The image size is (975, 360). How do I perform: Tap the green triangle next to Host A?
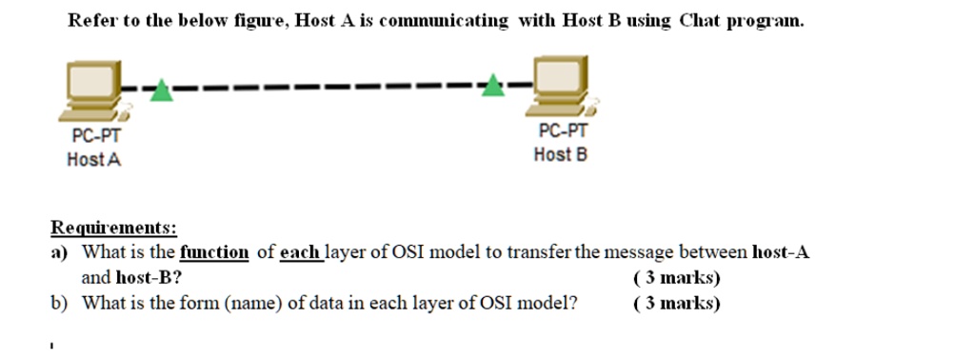[x=163, y=90]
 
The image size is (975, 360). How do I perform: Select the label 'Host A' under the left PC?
[x=94, y=160]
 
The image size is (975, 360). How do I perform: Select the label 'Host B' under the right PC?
[x=561, y=154]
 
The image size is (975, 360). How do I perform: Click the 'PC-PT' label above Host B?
[x=563, y=131]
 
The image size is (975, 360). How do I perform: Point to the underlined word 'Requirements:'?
[x=113, y=229]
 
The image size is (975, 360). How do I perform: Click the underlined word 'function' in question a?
[x=214, y=252]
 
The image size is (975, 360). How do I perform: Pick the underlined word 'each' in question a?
[x=299, y=252]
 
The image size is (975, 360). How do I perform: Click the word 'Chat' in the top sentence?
[x=701, y=21]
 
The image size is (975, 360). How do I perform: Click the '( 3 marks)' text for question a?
[x=676, y=278]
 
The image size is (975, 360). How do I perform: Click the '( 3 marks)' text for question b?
[x=676, y=304]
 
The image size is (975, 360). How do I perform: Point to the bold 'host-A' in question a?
[x=781, y=252]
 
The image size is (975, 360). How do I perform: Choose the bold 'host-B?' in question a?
[x=149, y=278]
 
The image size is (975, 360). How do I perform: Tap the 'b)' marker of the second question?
[x=59, y=304]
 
